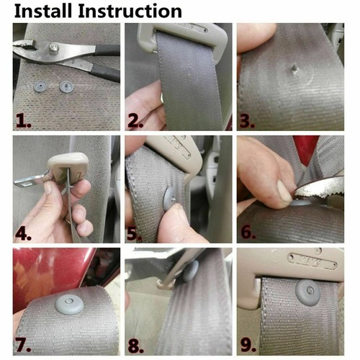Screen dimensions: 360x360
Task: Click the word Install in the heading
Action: click(x=43, y=11)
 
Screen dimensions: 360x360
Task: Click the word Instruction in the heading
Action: click(x=130, y=11)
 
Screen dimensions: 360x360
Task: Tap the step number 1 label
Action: click(x=24, y=121)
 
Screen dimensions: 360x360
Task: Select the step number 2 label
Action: click(x=135, y=121)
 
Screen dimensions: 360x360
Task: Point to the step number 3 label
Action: click(x=247, y=121)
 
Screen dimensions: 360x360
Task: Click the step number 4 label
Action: click(x=23, y=233)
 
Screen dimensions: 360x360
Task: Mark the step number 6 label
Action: click(x=248, y=233)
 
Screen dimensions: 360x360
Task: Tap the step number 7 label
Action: click(x=24, y=345)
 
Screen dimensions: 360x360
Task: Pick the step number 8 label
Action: click(x=135, y=346)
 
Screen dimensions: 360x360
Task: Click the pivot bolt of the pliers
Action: click(x=54, y=47)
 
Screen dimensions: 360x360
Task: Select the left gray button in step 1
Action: click(x=40, y=86)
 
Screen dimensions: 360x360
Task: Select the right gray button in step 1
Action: click(x=66, y=86)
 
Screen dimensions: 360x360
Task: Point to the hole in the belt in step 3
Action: click(x=294, y=70)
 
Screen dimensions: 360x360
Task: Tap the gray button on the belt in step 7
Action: click(x=69, y=305)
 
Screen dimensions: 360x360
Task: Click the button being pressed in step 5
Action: click(x=171, y=199)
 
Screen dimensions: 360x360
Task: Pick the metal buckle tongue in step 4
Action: click(x=30, y=180)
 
